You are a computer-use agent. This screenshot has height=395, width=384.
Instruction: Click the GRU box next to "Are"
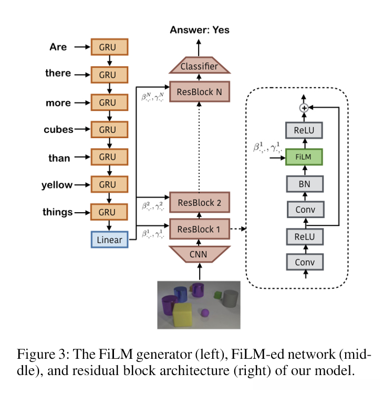pyautogui.click(x=110, y=47)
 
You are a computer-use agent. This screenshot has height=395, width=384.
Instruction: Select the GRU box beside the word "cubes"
pyautogui.click(x=110, y=129)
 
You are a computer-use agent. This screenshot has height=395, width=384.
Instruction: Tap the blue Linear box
pyautogui.click(x=110, y=240)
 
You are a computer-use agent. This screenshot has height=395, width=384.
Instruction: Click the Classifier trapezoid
pyautogui.click(x=200, y=66)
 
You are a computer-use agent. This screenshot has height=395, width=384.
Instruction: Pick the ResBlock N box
pyautogui.click(x=200, y=92)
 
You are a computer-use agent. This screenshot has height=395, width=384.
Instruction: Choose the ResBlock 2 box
pyautogui.click(x=200, y=203)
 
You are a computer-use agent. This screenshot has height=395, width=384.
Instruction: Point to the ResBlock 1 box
pyautogui.click(x=200, y=228)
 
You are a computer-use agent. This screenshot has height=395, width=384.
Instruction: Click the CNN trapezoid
pyautogui.click(x=200, y=255)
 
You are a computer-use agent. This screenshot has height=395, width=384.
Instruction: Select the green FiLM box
pyautogui.click(x=304, y=157)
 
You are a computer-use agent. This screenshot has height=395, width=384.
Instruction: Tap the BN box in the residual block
pyautogui.click(x=304, y=183)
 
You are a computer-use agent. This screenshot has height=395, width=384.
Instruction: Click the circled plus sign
pyautogui.click(x=303, y=108)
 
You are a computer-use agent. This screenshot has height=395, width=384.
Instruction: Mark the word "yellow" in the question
pyautogui.click(x=57, y=185)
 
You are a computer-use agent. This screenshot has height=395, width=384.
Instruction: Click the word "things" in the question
pyautogui.click(x=57, y=212)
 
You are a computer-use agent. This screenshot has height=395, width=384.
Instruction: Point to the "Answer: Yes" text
pyautogui.click(x=200, y=30)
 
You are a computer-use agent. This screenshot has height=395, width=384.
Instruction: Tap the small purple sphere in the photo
pyautogui.click(x=205, y=314)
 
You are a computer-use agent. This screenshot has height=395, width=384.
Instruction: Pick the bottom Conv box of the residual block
pyautogui.click(x=304, y=261)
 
